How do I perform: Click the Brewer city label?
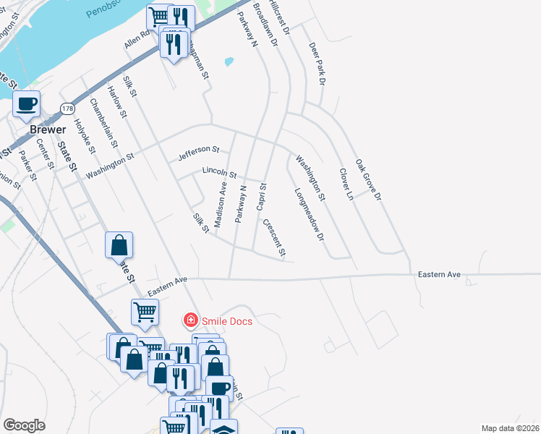pyautogui.click(x=42, y=129)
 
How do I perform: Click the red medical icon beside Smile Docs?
pyautogui.click(x=190, y=320)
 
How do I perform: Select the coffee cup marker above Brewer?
pyautogui.click(x=27, y=104)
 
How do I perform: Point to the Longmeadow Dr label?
pyautogui.click(x=308, y=215)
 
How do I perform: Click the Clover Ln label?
pyautogui.click(x=346, y=184)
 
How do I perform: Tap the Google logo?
pyautogui.click(x=24, y=425)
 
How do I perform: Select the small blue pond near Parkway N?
pyautogui.click(x=229, y=61)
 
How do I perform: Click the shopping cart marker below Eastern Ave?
pyautogui.click(x=145, y=312)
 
